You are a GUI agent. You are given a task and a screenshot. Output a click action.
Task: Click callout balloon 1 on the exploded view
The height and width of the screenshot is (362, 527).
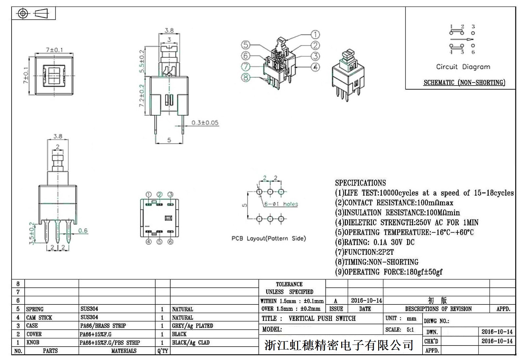(x=315, y=35)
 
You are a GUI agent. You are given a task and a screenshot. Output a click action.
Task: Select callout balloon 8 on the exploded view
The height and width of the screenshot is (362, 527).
(x=246, y=78)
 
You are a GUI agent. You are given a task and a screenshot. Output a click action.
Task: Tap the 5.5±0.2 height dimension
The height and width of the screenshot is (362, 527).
(x=142, y=62)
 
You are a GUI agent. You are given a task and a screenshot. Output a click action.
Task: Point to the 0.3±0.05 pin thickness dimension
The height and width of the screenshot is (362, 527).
(x=205, y=123)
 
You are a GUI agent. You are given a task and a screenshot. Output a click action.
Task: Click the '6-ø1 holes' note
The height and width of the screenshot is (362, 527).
(x=281, y=204)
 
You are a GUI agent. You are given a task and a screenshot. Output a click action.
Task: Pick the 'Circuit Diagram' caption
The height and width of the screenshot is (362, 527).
(x=463, y=67)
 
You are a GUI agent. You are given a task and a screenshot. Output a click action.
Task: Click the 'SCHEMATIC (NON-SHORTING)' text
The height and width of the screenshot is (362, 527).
(x=464, y=82)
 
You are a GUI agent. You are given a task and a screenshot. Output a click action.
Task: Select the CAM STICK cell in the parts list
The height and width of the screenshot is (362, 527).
(x=39, y=318)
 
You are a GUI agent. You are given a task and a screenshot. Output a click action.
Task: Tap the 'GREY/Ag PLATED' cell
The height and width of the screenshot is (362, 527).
(x=192, y=326)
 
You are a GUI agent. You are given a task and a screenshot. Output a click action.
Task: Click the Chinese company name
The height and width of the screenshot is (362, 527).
(x=339, y=345)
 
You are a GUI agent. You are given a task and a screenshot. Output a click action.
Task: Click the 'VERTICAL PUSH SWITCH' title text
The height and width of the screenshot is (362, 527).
(x=322, y=319)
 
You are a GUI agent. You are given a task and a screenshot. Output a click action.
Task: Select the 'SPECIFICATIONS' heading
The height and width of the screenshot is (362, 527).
(x=360, y=183)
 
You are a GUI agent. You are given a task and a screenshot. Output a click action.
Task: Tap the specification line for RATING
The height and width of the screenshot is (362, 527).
(x=374, y=243)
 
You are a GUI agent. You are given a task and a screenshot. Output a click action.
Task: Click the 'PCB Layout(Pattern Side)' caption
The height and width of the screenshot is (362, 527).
(x=268, y=238)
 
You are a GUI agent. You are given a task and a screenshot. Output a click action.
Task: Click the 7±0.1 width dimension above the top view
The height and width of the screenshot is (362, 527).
(x=54, y=50)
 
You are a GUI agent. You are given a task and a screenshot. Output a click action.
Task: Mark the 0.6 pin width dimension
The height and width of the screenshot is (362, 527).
(x=83, y=230)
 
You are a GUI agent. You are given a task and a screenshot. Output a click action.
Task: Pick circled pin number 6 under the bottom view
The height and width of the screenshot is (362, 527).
(x=170, y=242)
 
